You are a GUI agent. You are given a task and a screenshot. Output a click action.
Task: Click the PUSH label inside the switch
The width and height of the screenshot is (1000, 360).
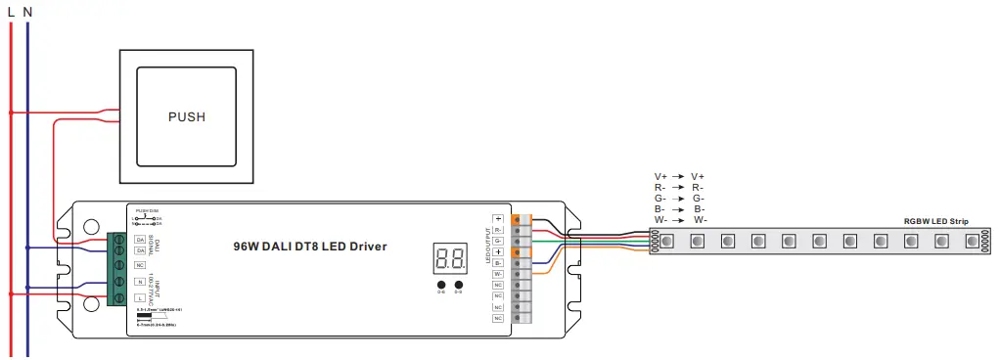pos(187,116)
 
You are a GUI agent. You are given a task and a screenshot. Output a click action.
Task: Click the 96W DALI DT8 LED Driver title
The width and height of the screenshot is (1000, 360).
pos(310,247)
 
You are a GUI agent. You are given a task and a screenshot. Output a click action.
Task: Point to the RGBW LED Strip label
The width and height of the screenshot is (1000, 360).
pos(935,222)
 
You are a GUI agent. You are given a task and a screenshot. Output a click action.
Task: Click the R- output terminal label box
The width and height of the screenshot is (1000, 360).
pos(498,229)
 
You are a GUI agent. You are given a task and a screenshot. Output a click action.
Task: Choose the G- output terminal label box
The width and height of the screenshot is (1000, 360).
pos(498,241)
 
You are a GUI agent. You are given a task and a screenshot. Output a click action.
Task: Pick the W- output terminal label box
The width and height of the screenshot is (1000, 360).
pos(498,274)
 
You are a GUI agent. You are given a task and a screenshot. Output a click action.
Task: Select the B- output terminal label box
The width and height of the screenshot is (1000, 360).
pos(498,263)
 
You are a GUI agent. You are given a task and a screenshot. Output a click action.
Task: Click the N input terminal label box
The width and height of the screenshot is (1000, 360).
pos(141,282)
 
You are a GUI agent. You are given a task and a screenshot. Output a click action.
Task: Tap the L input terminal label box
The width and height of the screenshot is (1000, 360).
pos(141,297)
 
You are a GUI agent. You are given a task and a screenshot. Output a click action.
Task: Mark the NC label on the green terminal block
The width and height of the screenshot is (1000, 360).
pos(141,264)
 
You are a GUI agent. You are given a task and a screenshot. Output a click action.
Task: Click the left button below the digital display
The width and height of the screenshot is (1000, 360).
pos(441,285)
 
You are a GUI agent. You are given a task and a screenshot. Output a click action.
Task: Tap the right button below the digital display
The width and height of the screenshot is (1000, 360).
pos(458,285)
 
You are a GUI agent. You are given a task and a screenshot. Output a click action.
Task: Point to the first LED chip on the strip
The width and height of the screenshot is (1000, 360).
pos(666,241)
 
